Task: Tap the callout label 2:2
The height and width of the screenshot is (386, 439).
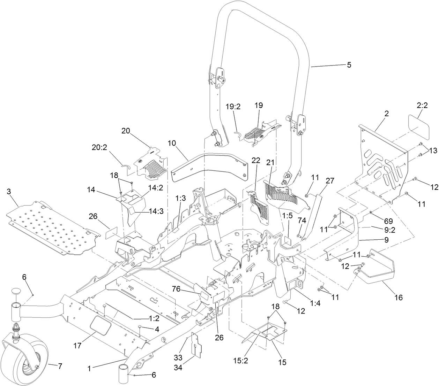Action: pos(422,106)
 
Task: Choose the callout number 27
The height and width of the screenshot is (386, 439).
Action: pos(330,180)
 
